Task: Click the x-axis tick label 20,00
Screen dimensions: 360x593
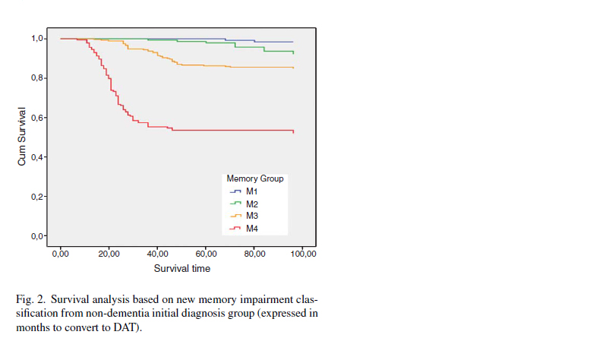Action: [x=109, y=253]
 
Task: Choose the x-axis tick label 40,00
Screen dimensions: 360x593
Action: [x=157, y=253]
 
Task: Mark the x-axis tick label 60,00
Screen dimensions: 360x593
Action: [x=206, y=253]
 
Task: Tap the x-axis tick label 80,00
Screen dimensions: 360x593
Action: [x=254, y=253]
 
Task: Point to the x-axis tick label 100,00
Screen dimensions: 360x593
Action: [x=303, y=253]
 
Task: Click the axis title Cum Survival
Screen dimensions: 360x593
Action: [x=22, y=137]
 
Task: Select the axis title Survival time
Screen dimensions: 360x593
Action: [x=182, y=268]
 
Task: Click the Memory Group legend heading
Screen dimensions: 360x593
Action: [x=255, y=178]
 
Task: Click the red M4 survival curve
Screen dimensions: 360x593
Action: [x=228, y=131]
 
